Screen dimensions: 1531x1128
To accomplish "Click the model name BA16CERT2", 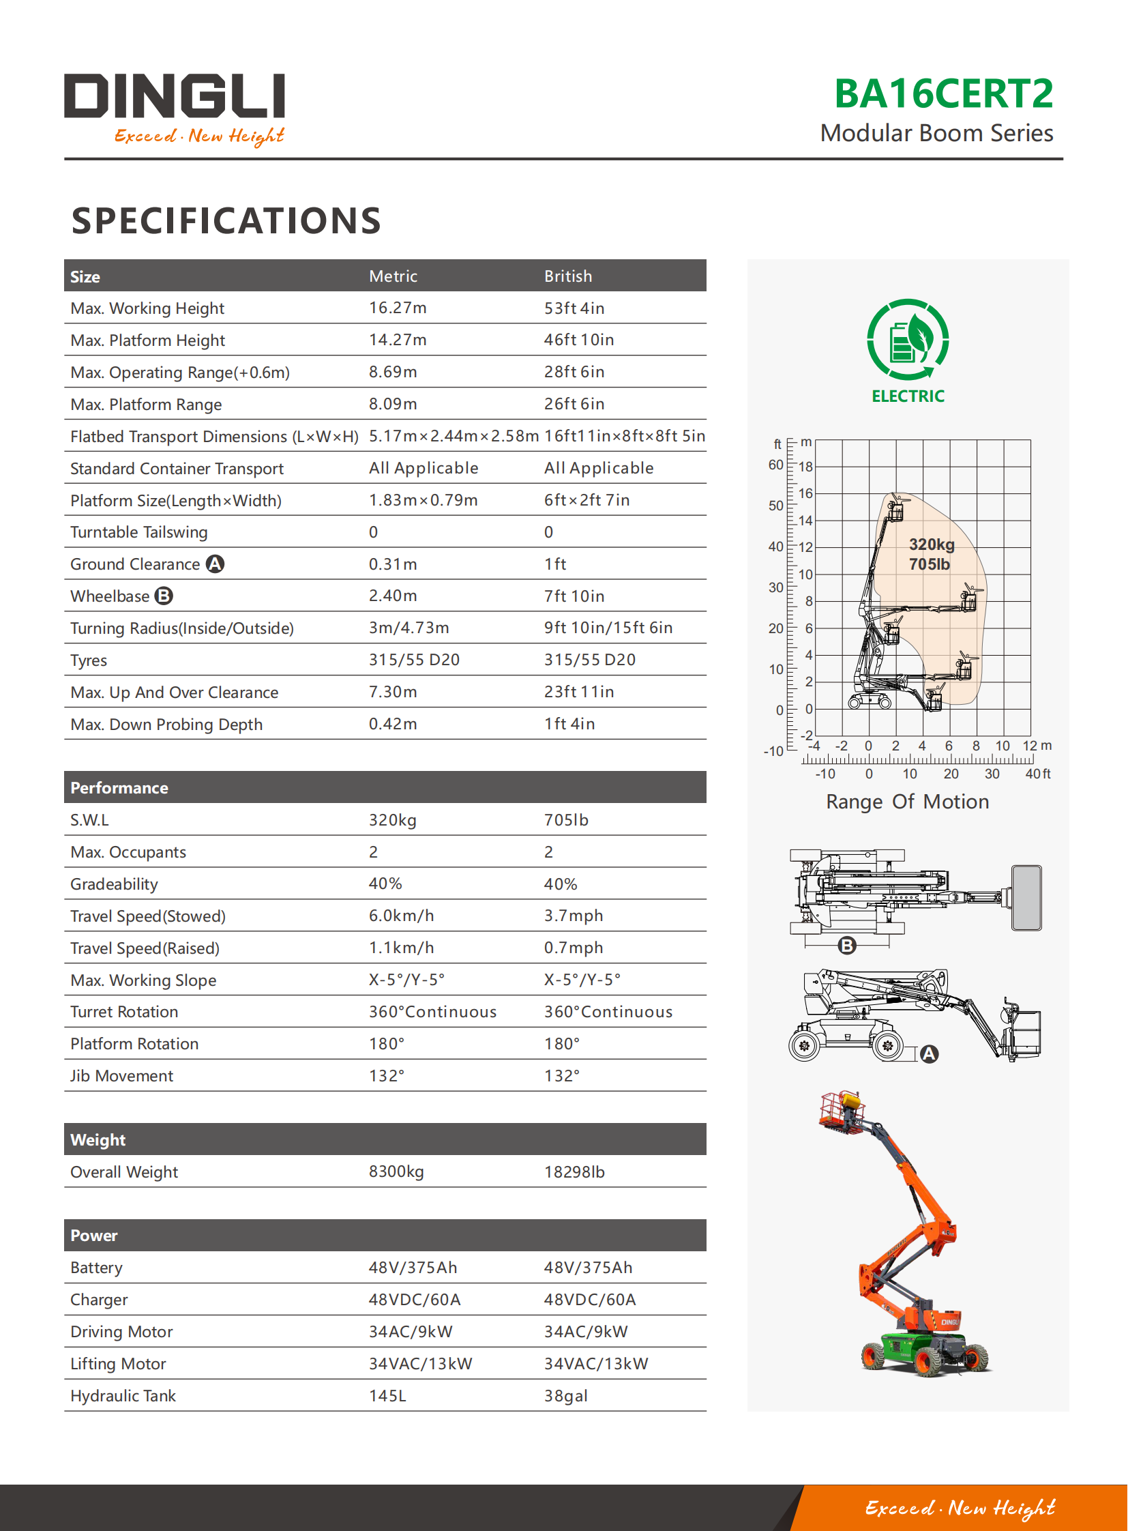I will tap(943, 93).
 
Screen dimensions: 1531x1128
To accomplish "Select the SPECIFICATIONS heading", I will tap(226, 220).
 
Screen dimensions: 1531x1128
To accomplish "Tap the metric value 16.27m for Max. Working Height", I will tap(398, 308).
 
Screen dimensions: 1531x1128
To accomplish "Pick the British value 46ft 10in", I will tap(578, 340).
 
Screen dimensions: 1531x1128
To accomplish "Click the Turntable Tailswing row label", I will tap(138, 532).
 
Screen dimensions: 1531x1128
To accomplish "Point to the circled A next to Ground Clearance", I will tap(215, 564).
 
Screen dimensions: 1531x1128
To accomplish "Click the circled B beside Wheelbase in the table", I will tap(164, 596).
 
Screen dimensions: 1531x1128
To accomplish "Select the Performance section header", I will tap(119, 788).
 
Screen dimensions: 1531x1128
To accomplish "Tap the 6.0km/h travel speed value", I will tap(401, 916).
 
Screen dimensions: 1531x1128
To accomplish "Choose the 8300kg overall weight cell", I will tap(396, 1171).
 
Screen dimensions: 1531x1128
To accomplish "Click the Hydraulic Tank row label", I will tap(123, 1396).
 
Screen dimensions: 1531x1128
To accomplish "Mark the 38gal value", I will tap(565, 1396).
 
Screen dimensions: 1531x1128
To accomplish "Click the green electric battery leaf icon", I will tap(908, 340).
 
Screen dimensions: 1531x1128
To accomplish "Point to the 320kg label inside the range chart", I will tap(932, 544).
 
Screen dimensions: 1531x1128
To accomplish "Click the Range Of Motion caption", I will tap(907, 802).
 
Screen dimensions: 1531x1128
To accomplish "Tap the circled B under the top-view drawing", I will tap(847, 946).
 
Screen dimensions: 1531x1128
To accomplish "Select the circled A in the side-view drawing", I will tap(929, 1054).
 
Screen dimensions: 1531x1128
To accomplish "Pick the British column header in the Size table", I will tap(567, 276).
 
